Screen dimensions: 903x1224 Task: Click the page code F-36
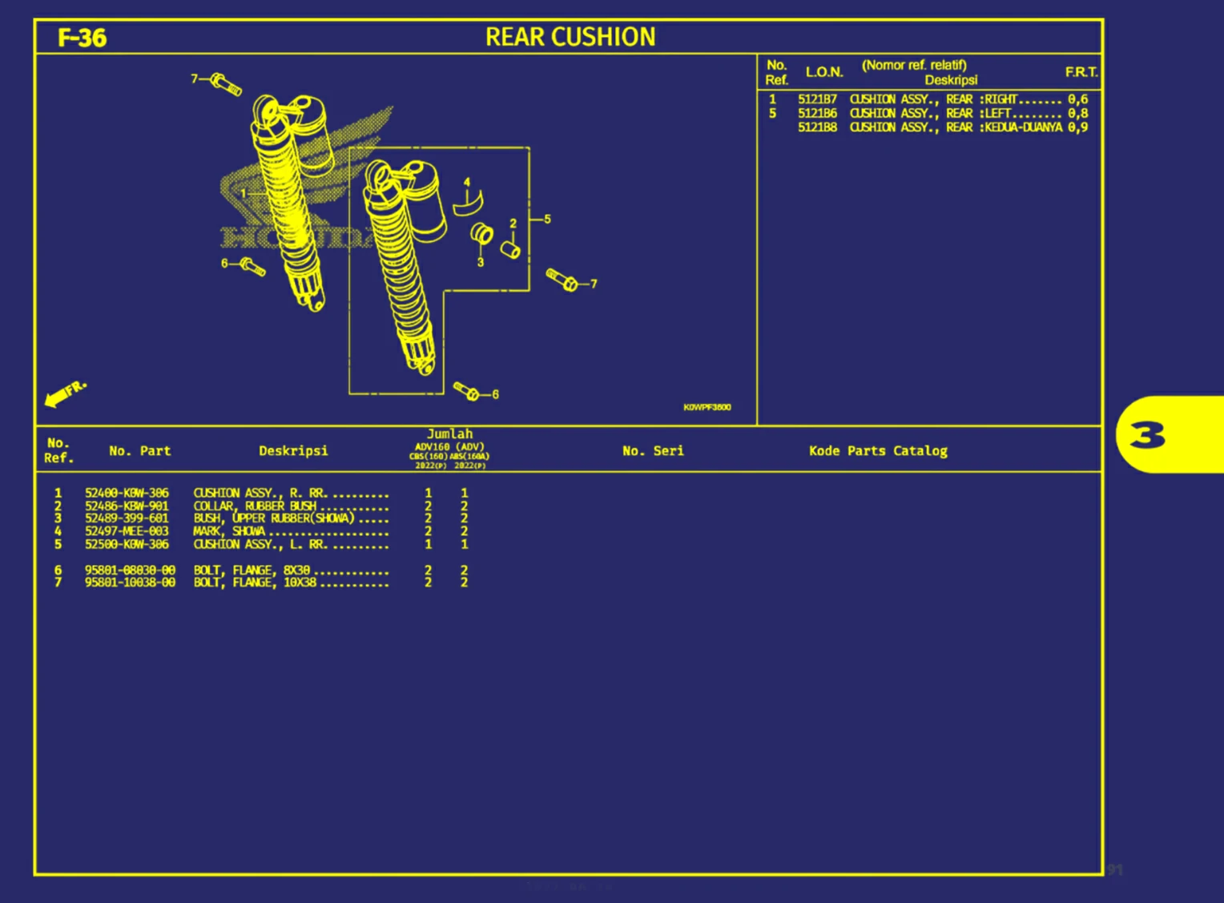[82, 38]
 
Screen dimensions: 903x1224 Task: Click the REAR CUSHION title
[570, 37]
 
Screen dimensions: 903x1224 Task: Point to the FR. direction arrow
[64, 393]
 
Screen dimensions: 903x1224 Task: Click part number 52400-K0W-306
[127, 494]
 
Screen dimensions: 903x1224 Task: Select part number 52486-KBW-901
[127, 506]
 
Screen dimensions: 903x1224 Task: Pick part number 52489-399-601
[127, 518]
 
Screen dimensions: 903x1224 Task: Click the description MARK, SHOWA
[229, 531]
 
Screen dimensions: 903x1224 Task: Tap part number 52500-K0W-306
[127, 544]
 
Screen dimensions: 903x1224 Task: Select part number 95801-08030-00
[130, 570]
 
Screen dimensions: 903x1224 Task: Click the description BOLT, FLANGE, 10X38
[255, 583]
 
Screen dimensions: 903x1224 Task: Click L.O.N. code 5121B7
[817, 100]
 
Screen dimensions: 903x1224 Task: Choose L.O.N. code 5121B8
[817, 127]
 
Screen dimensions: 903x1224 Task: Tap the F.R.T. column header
[1081, 72]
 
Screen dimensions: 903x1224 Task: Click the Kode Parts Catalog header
[878, 451]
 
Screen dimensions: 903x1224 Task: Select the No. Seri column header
[653, 451]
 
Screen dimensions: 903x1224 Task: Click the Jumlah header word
[449, 434]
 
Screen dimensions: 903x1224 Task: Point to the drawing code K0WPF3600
[707, 407]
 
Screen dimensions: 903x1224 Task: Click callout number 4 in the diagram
[467, 183]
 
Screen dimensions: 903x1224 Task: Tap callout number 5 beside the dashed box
[547, 219]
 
